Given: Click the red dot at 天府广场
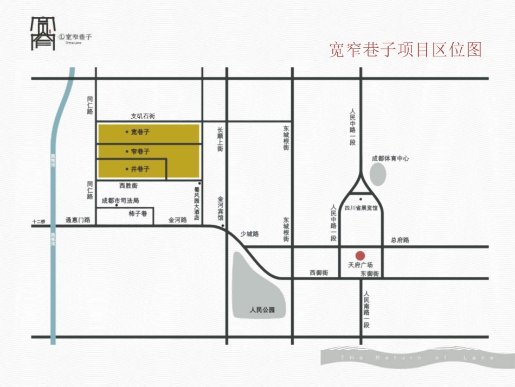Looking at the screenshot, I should pos(359,255).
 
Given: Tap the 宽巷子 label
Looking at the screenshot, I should pos(140,132).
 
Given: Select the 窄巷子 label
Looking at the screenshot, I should pos(140,151).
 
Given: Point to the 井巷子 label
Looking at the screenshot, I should pos(140,169).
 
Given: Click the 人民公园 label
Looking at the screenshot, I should pos(262,310).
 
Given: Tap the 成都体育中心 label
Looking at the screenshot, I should pos(390,158).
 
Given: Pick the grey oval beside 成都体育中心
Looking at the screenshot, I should pos(378,174).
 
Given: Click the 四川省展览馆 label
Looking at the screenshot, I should pos(360,207).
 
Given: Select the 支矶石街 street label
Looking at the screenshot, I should pos(143,116).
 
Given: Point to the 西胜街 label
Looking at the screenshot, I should pos(128,186).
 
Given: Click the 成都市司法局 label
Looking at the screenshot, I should pos(120,200).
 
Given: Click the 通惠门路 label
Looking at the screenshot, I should pos(77,220).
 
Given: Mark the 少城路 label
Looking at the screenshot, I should pos(250,234).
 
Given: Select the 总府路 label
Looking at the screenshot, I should pos(400,239).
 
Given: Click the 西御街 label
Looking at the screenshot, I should pos(319,272).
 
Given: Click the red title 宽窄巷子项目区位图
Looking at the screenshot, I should pos(405,49).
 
